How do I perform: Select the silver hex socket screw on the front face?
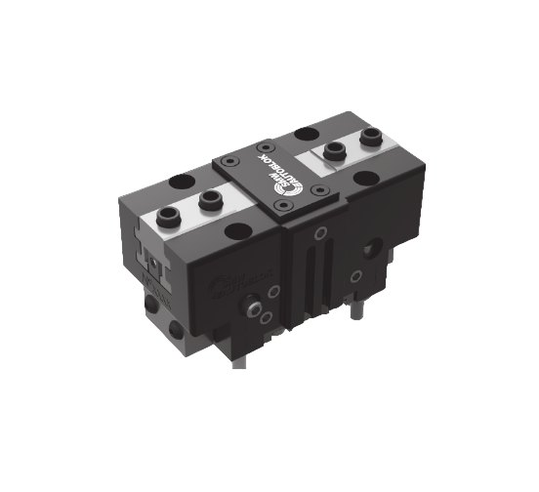click(x=256, y=309)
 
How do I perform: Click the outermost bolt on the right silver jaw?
click(x=371, y=139)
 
